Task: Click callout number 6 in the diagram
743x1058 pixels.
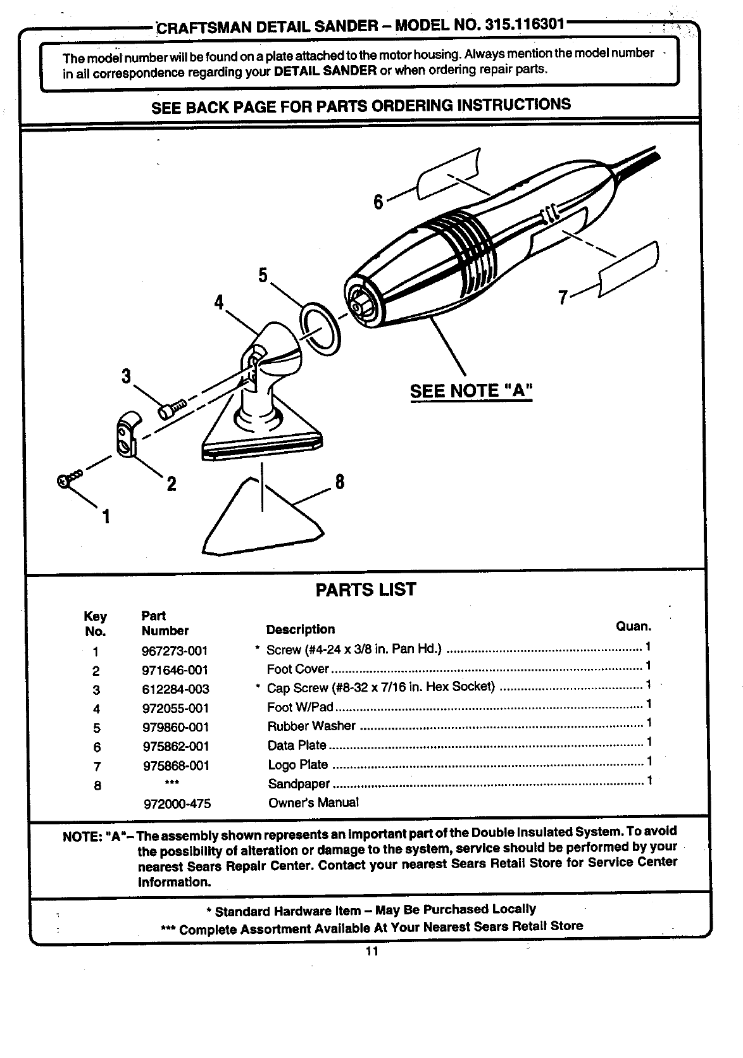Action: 378,202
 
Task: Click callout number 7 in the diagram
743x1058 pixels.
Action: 562,296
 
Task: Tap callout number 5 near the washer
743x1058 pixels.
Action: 263,276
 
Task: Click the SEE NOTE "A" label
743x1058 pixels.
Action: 471,391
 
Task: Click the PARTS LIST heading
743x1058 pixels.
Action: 366,590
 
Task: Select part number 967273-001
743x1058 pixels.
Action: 175,651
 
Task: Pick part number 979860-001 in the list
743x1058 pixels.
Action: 175,727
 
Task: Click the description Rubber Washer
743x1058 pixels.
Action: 311,726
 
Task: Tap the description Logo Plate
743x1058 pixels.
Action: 297,764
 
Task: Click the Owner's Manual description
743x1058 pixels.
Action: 313,802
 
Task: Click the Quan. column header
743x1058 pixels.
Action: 633,626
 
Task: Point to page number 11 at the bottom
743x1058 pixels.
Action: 371,952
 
